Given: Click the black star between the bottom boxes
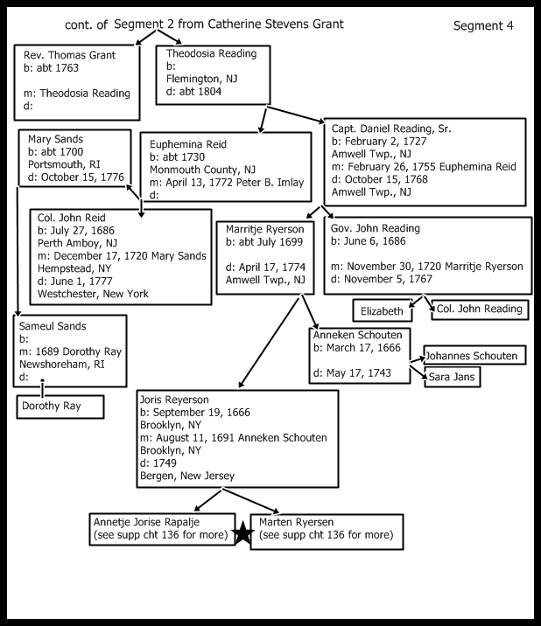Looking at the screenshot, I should (242, 534).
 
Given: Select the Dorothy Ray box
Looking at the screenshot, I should (60, 407).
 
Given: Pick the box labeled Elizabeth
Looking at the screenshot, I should (384, 310).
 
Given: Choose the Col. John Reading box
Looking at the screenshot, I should (478, 310).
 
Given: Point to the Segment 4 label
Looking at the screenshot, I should (482, 25).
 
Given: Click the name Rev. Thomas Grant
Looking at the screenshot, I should (69, 53).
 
